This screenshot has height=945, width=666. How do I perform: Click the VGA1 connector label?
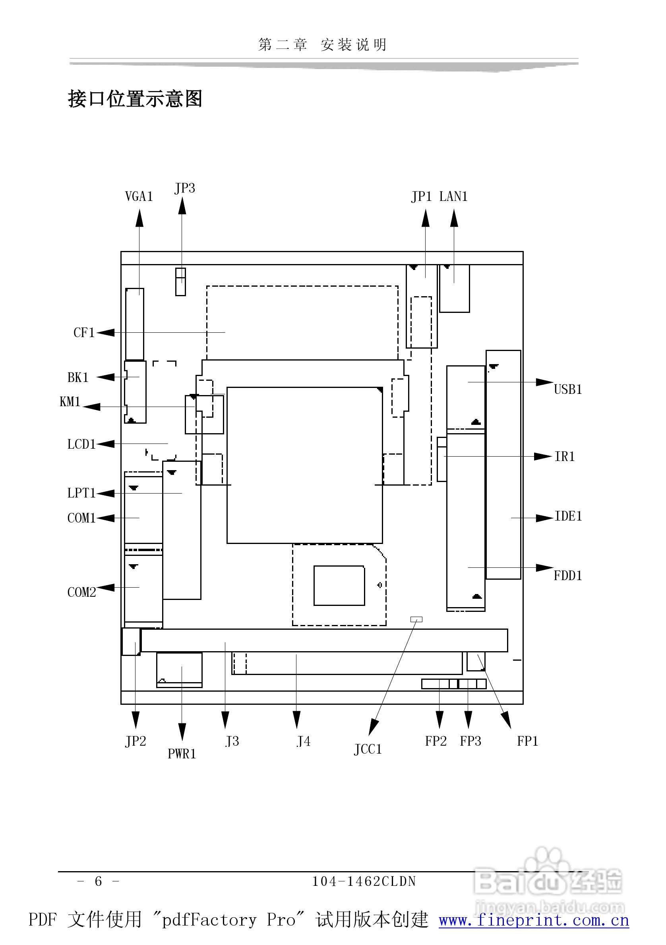(x=139, y=196)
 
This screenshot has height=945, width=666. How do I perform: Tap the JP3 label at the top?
(x=184, y=188)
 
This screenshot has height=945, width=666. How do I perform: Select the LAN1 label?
(x=453, y=196)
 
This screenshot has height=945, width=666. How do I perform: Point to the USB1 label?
(x=568, y=390)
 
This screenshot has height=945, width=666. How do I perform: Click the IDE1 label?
(x=568, y=516)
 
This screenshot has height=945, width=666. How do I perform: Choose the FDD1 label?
(x=568, y=575)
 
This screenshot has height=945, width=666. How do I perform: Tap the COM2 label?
(x=81, y=592)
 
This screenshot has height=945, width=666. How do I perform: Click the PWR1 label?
(x=182, y=754)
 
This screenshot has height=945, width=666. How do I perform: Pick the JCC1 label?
(x=368, y=749)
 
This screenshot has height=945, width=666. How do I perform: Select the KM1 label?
(x=70, y=401)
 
